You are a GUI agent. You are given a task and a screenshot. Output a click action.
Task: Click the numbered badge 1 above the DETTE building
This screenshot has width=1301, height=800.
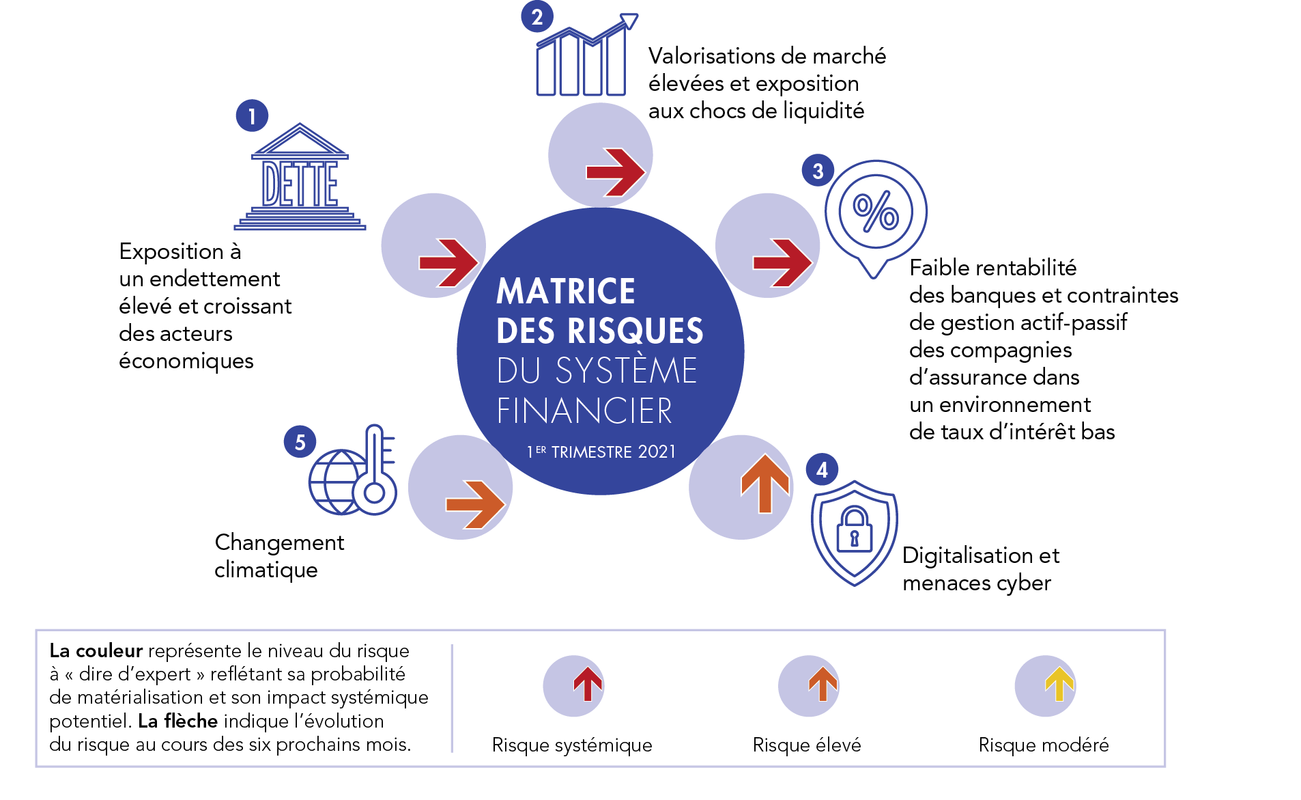coord(252,115)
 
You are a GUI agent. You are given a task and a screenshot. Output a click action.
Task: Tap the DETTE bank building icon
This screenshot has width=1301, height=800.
coord(300,178)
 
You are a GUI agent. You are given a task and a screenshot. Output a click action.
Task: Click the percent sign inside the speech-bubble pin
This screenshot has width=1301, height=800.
coord(876,210)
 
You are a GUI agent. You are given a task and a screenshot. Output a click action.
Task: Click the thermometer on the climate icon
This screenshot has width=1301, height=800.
coord(375,471)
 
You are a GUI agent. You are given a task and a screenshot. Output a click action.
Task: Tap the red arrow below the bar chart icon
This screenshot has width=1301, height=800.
coord(616,172)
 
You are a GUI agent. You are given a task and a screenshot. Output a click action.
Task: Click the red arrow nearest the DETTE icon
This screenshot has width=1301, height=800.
coord(448,262)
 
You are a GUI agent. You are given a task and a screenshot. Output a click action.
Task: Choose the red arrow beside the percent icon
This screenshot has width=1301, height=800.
coord(782,262)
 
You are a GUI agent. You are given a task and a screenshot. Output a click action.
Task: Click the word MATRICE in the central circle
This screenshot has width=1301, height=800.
coord(566,292)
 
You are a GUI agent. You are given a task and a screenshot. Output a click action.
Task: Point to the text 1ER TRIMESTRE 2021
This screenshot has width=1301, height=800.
coord(601,452)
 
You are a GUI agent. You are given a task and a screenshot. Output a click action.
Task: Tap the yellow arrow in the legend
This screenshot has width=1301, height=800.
coord(1059,684)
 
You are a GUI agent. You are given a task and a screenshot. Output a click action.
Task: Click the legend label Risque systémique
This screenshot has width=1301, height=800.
coord(571,745)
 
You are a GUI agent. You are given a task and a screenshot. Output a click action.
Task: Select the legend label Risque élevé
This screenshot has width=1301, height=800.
coord(806,745)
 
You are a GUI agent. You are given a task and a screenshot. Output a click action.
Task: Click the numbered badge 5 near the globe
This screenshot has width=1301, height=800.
coord(300,442)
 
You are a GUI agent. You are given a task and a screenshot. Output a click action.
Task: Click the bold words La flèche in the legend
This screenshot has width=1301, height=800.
coord(177,721)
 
